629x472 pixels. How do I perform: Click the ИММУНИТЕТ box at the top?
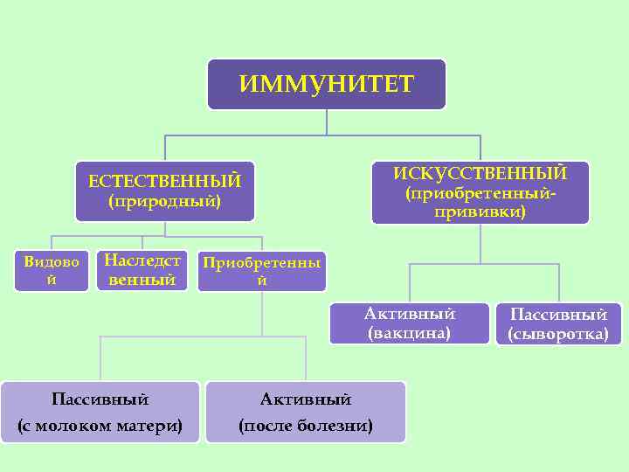pos(327,84)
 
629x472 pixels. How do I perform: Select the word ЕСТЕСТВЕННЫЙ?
pos(164,181)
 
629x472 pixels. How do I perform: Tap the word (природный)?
pos(164,202)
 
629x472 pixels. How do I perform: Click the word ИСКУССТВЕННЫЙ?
pos(480,173)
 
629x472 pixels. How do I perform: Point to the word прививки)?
pos(480,212)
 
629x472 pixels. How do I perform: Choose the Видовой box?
pos(52,271)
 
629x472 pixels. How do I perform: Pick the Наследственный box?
pos(142,270)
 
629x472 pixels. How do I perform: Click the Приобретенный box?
pos(261,271)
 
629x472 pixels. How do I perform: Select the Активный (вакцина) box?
pos(410,323)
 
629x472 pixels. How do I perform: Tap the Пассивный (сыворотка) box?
pos(558,324)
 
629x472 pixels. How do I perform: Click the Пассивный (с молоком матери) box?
pos(100,412)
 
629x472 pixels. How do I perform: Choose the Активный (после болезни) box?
pos(306,412)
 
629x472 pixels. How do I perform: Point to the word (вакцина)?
pos(410,333)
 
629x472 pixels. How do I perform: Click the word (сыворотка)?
pos(558,334)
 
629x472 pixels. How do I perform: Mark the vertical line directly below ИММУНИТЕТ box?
pos(327,121)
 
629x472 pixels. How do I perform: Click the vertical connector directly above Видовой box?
pos(52,244)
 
